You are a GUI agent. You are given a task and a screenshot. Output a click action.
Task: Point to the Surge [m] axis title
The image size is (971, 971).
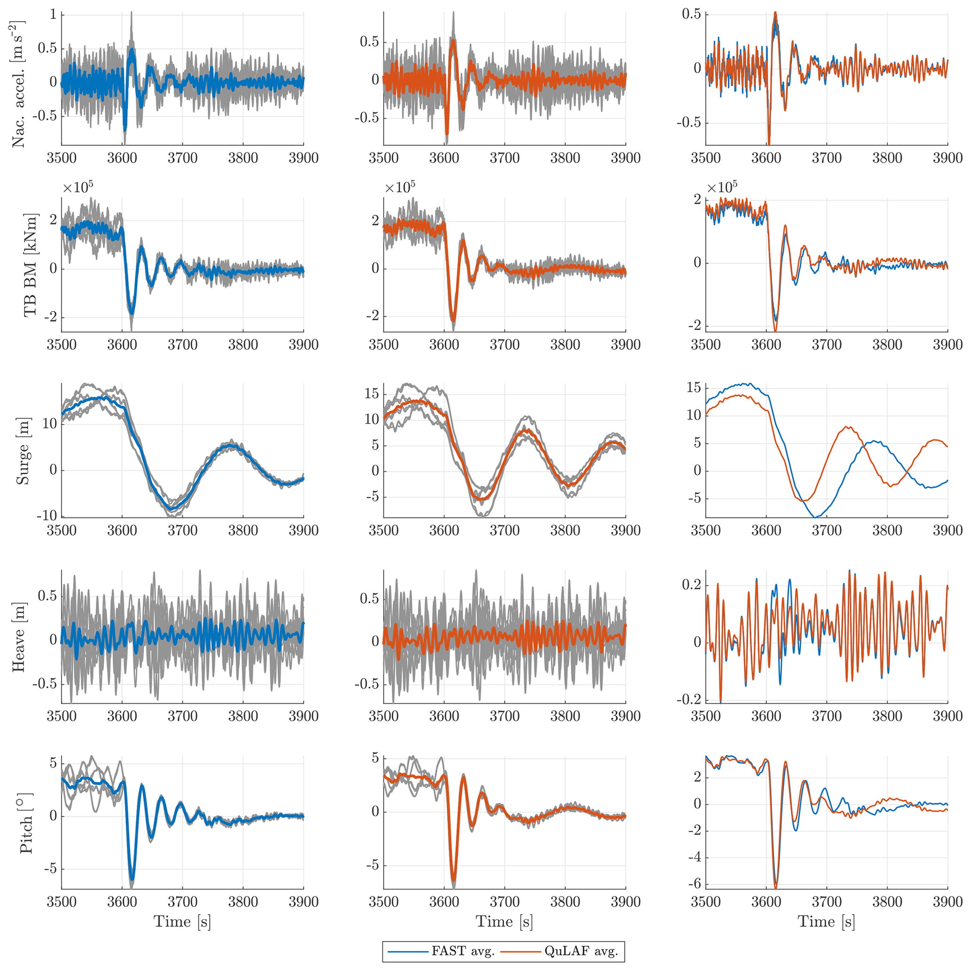pyautogui.click(x=23, y=451)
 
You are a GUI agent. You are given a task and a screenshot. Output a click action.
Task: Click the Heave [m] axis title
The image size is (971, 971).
pyautogui.click(x=19, y=637)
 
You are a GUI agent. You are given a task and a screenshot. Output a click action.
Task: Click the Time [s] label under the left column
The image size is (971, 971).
pyautogui.click(x=182, y=921)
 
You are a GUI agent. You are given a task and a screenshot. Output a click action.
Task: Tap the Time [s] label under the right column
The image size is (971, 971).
pyautogui.click(x=826, y=921)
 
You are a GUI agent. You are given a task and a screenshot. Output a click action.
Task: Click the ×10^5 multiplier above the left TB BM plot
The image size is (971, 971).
pyautogui.click(x=78, y=188)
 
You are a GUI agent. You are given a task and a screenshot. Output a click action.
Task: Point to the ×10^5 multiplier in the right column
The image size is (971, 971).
pyautogui.click(x=722, y=187)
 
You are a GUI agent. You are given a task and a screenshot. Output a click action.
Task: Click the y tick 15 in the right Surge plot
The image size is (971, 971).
pyautogui.click(x=693, y=387)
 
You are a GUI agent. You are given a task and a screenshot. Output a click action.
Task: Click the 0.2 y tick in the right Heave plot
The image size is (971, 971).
pyautogui.click(x=691, y=585)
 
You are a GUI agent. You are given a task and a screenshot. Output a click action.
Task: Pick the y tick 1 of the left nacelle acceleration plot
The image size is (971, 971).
pyautogui.click(x=53, y=15)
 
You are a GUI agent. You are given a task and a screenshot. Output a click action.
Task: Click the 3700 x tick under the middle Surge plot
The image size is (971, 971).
pyautogui.click(x=504, y=531)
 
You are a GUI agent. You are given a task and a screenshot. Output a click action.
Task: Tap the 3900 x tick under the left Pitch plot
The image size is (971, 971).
pyautogui.click(x=303, y=901)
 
